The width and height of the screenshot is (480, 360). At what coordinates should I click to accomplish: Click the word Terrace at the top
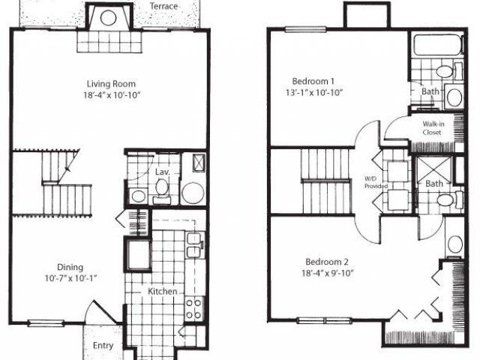pos(164,7)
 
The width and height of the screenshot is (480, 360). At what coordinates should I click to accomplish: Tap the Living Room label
pos(110,84)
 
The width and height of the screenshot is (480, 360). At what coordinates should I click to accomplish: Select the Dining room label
pos(70,267)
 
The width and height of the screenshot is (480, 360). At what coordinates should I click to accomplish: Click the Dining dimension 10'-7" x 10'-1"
pos(70,278)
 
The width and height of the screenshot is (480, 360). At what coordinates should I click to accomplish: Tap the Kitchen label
pos(162,291)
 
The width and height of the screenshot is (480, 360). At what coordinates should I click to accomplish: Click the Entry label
pos(103,346)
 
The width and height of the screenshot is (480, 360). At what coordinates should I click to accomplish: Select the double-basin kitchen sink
pos(193,245)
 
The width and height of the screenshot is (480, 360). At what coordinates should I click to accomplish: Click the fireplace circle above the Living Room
pos(108,19)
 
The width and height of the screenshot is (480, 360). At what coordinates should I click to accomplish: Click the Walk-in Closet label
pos(431,128)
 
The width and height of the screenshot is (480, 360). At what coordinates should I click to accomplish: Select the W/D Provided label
pos(371,181)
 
